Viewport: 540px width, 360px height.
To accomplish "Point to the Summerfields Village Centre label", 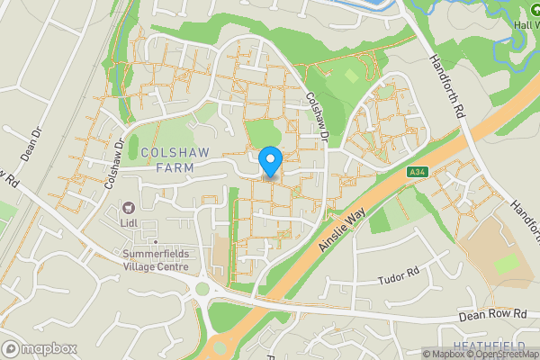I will [156, 260].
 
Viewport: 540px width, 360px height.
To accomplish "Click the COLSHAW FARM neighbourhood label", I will [175, 160].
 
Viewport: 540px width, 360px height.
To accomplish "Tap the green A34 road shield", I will [416, 172].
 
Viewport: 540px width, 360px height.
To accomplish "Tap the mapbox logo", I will [39, 348].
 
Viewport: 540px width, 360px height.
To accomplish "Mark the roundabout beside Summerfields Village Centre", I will [202, 289].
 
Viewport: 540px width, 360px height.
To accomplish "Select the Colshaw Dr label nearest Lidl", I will [112, 163].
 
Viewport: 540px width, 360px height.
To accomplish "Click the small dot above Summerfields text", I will [156, 242].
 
